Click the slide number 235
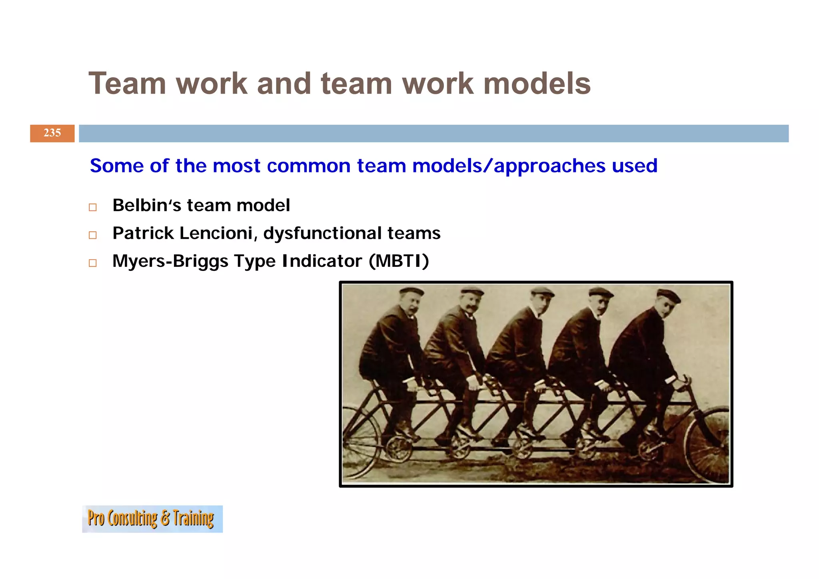(52, 133)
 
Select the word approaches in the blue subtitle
(549, 166)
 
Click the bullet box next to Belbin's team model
(93, 207)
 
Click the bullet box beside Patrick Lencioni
(93, 235)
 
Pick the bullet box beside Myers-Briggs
(93, 263)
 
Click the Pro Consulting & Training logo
(152, 519)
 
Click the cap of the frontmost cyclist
(668, 295)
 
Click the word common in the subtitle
(308, 166)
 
